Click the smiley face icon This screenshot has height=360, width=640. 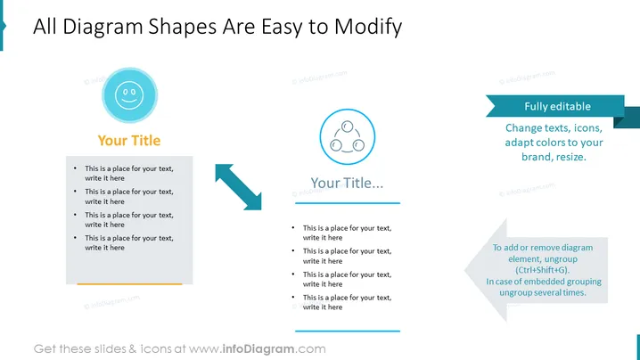[x=129, y=95]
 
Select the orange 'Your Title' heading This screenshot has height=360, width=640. [x=129, y=141]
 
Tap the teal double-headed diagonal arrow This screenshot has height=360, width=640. [x=238, y=187]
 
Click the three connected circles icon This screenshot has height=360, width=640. [x=348, y=136]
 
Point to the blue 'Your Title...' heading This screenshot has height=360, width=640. [x=347, y=183]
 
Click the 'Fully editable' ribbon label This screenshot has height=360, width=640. [x=558, y=107]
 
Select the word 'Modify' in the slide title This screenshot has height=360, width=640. [x=368, y=27]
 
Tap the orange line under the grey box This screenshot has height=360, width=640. [x=129, y=283]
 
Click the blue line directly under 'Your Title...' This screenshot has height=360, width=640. [x=348, y=203]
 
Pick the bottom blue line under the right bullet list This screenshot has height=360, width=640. [x=348, y=331]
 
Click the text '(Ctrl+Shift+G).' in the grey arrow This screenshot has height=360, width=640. [x=542, y=270]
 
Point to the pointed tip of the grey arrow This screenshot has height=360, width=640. [x=465, y=270]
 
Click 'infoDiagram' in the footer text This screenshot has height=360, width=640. [x=258, y=349]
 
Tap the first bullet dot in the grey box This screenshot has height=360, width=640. [x=75, y=168]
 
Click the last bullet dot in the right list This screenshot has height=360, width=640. [x=293, y=297]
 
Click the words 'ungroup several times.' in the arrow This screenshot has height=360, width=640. [x=543, y=292]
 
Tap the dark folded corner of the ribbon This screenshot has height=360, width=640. [x=619, y=122]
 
